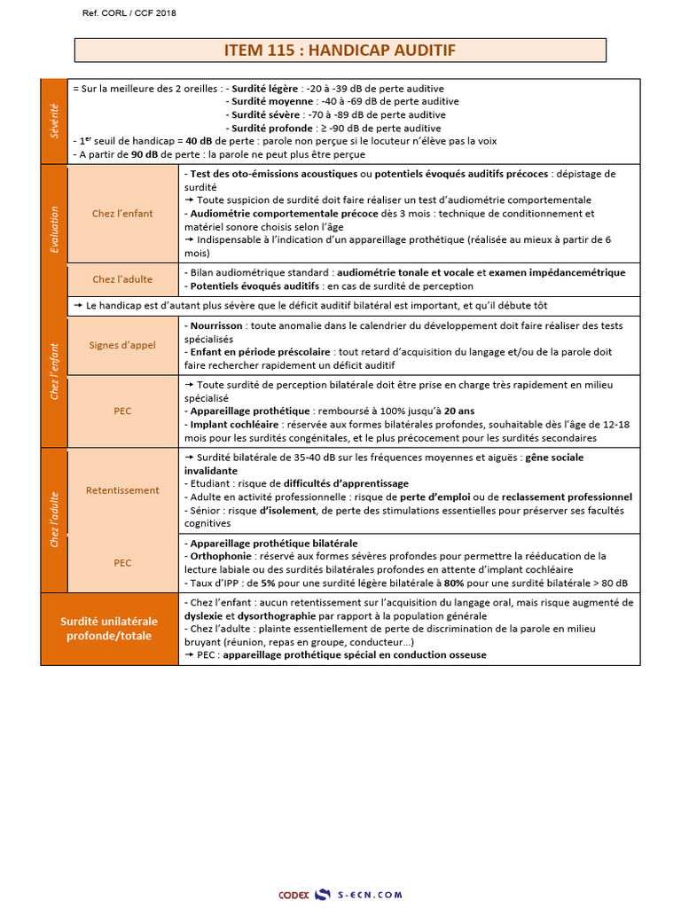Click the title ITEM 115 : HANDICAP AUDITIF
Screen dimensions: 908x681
click(340, 51)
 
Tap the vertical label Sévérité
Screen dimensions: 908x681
click(54, 121)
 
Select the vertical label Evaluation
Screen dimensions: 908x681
click(54, 230)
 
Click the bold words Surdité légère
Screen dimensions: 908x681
click(264, 89)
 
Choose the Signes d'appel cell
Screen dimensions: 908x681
click(122, 345)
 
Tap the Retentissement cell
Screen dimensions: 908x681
click(122, 490)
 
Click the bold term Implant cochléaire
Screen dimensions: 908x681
click(230, 425)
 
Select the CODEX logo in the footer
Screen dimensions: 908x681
click(294, 895)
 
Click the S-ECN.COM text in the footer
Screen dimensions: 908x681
click(370, 895)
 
